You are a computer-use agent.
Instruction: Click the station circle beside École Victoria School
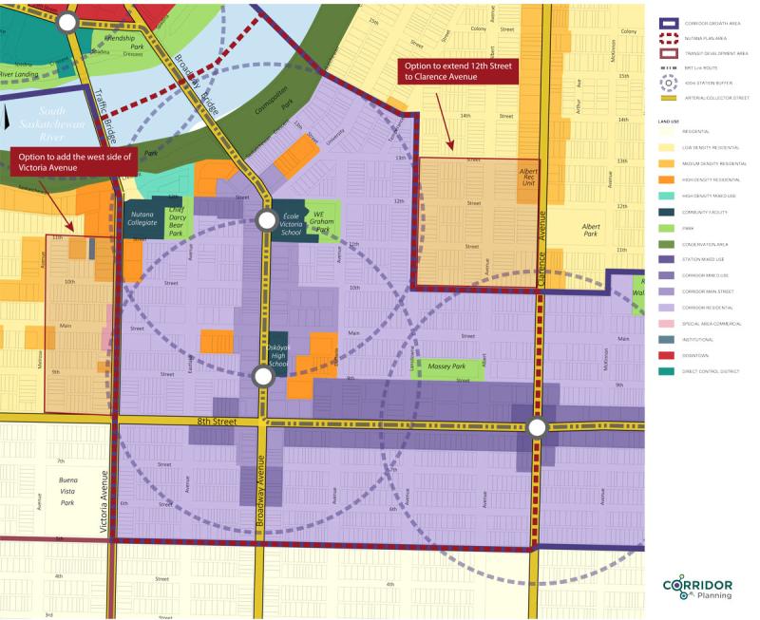(266, 221)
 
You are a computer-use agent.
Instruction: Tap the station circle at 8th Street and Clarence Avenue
(537, 428)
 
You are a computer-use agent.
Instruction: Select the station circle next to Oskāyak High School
(263, 377)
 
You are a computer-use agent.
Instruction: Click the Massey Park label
(446, 366)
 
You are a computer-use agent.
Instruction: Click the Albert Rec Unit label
(528, 178)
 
